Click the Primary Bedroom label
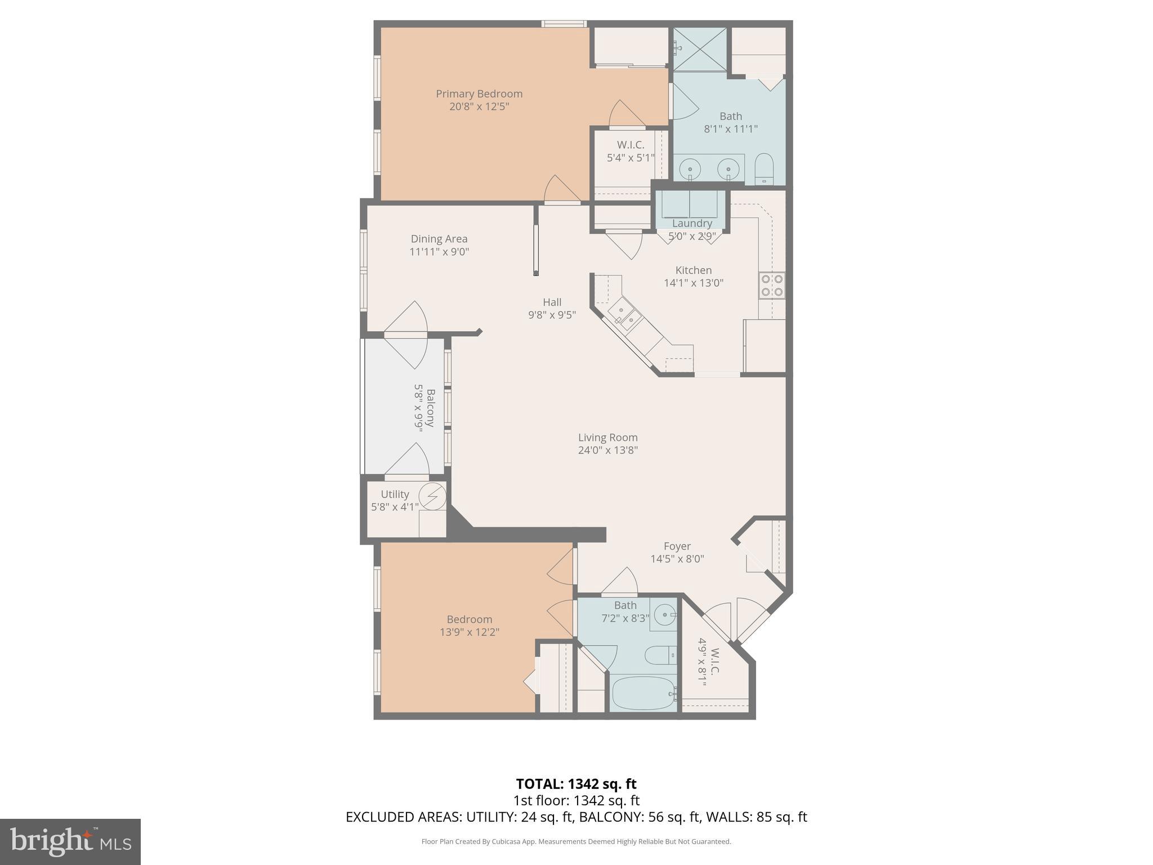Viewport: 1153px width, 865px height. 479,94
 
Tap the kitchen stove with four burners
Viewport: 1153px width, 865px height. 772,285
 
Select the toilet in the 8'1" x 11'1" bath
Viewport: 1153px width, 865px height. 764,168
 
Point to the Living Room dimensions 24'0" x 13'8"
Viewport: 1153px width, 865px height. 607,451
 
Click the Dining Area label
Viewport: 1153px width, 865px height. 439,239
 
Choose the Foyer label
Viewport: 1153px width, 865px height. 677,546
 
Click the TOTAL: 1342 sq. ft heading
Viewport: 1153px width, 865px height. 576,784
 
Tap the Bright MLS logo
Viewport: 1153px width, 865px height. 70,842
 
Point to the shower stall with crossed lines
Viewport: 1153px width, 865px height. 700,49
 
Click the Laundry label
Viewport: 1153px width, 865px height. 692,224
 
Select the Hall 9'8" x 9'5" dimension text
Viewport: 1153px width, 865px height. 552,315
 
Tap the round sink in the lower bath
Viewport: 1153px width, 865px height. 665,614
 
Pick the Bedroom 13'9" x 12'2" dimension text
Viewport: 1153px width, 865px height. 470,632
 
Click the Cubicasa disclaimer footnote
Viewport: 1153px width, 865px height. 576,842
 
